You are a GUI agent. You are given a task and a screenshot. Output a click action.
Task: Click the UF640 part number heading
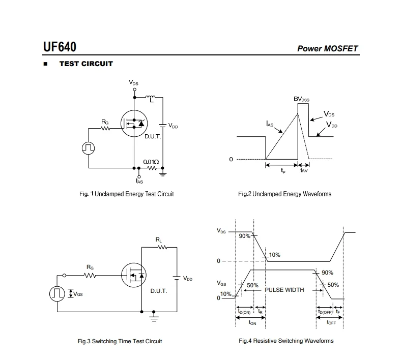tap(60, 47)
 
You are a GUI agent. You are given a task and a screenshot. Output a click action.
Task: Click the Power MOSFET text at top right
tap(327, 49)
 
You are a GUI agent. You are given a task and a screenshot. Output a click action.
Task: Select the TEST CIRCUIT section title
tap(86, 64)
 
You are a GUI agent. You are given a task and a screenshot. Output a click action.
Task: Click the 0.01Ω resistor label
tap(151, 161)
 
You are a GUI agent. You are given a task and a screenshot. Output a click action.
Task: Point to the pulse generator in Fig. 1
tap(88, 147)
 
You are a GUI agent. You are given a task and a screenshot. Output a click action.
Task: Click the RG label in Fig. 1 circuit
tap(105, 122)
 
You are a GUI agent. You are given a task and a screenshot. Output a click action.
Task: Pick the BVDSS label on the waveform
tap(301, 99)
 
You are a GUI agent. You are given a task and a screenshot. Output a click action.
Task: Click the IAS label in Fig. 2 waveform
tap(270, 124)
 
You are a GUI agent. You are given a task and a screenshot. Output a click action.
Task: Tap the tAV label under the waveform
tap(304, 171)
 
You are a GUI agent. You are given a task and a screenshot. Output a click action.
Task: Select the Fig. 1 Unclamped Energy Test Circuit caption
tap(126, 194)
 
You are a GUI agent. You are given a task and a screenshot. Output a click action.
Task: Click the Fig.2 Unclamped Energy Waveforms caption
tap(284, 194)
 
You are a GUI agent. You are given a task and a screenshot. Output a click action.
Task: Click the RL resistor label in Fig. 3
tap(159, 239)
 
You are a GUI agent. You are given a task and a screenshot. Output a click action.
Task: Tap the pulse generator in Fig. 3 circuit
tap(57, 293)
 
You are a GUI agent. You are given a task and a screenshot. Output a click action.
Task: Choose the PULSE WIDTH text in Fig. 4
tap(284, 290)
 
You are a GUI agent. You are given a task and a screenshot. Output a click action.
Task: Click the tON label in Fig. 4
tap(252, 322)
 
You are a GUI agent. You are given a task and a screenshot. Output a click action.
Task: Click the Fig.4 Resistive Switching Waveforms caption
tap(286, 341)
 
